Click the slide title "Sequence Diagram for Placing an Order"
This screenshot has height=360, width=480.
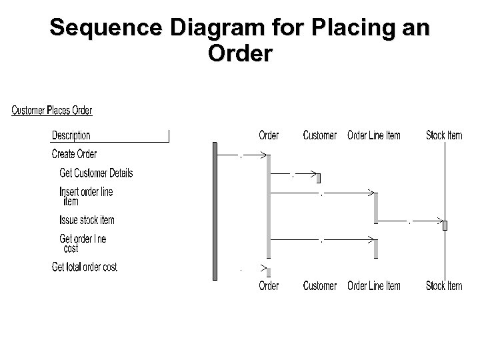[240, 40]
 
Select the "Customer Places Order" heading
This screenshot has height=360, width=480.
[52, 111]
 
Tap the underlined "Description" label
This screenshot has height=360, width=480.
[71, 136]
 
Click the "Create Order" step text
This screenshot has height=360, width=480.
[74, 154]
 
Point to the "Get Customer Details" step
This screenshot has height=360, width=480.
[96, 173]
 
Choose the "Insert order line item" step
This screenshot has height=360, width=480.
[86, 196]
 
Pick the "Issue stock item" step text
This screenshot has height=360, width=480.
[87, 220]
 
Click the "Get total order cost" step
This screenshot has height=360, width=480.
[84, 267]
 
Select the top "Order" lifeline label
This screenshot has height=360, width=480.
[269, 135]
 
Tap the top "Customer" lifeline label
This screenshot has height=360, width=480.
[319, 135]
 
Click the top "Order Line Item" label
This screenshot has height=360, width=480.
[374, 135]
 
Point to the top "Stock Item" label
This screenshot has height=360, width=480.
[444, 135]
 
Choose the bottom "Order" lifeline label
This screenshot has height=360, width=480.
[269, 286]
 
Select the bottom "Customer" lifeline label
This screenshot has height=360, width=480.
[319, 286]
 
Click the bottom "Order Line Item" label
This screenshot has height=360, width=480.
[374, 286]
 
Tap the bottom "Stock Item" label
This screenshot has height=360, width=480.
[444, 286]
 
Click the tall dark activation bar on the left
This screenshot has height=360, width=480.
[215, 211]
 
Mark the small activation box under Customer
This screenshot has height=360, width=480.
[319, 178]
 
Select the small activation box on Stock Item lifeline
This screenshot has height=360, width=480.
[445, 225]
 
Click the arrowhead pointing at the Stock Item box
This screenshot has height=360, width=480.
[440, 219]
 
